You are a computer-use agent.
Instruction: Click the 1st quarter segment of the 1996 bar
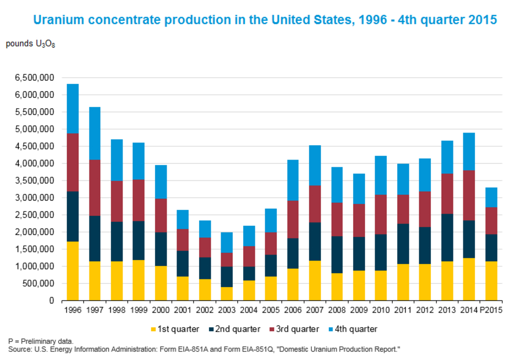pos(73,271)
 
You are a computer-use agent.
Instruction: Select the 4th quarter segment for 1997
pos(95,133)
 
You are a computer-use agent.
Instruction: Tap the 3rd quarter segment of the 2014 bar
pos(469,195)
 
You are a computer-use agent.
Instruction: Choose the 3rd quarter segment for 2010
pos(381,214)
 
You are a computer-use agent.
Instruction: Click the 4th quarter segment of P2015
pos(491,197)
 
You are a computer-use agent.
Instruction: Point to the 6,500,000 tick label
pos(31,78)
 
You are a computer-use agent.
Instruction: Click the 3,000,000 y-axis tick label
pos(31,198)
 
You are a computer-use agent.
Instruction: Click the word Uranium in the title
pos(58,20)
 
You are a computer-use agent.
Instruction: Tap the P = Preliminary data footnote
pos(40,341)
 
